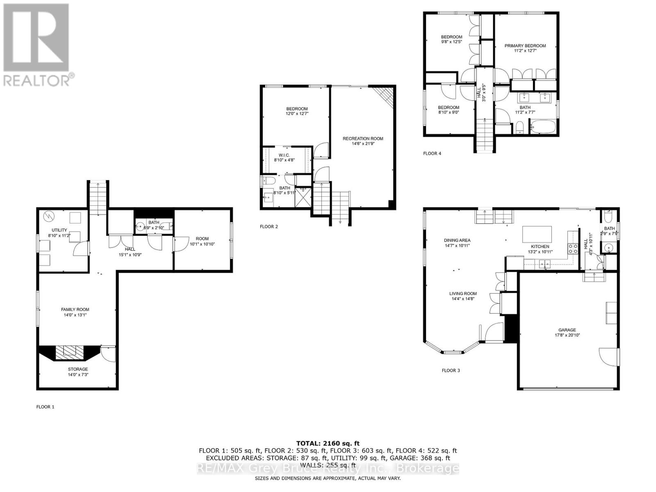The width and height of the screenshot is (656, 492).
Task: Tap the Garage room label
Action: coord(567,330)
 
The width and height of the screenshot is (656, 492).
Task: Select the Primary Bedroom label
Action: coord(525,46)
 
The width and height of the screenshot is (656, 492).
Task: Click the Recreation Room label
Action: coord(363,139)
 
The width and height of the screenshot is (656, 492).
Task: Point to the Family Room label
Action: coord(75,310)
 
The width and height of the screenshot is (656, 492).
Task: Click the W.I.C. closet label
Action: coord(284,155)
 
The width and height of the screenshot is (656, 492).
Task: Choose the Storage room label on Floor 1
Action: coord(78,369)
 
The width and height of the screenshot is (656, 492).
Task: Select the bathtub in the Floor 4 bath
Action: coord(543,127)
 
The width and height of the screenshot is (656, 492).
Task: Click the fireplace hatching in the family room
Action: coord(69,352)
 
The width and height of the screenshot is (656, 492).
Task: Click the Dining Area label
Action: coord(457,240)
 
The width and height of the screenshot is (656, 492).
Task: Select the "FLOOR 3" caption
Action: coord(451,370)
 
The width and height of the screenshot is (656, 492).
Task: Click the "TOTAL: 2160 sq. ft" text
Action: coord(328,443)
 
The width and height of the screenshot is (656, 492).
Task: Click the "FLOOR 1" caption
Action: coord(45,407)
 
